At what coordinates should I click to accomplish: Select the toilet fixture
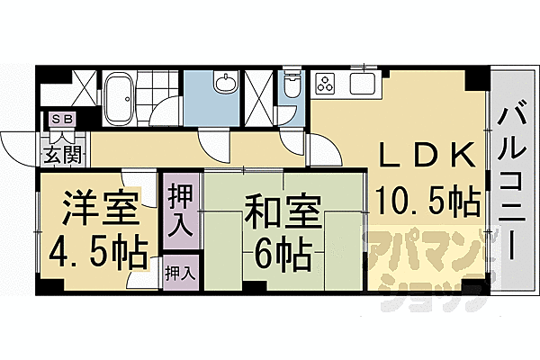point(292,88)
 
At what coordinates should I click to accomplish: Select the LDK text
point(427,156)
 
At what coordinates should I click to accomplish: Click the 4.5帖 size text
point(98,255)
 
